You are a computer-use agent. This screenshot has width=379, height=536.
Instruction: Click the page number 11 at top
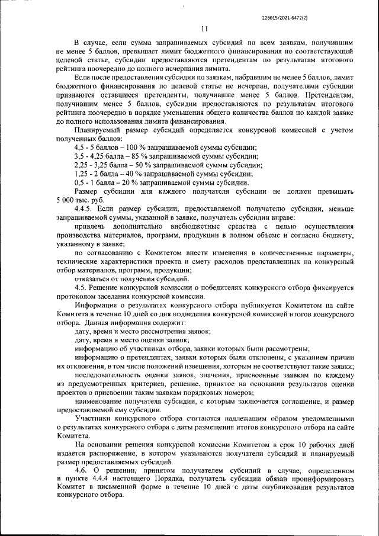tap(204, 28)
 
